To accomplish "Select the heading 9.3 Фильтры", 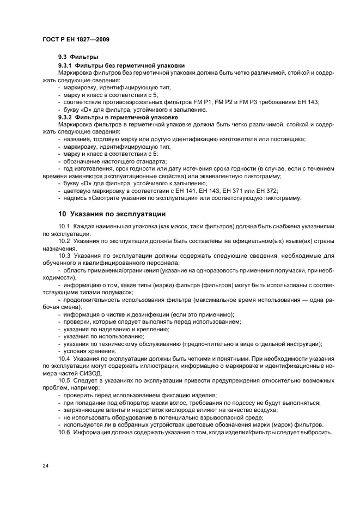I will point(78,57).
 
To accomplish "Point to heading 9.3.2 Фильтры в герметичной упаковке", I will point(118,117).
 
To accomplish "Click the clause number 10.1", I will point(65,226).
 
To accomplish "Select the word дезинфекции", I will point(159,314).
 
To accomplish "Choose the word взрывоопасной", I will point(210,417).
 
